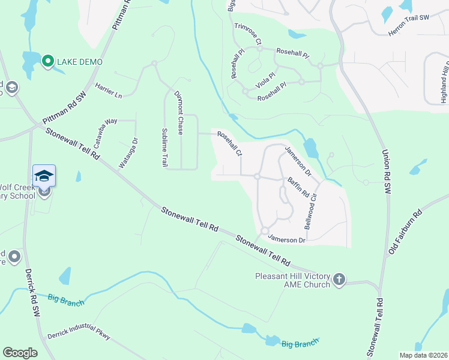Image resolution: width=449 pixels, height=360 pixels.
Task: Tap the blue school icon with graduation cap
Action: pyautogui.click(x=44, y=175)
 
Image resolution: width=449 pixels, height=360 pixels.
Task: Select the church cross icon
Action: pyautogui.click(x=339, y=279)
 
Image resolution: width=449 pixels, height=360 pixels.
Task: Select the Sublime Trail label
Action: pyautogui.click(x=164, y=147)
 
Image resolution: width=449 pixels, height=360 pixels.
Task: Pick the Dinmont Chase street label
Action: pyautogui.click(x=179, y=112)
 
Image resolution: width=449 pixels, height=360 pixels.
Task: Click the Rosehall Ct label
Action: pyautogui.click(x=230, y=143)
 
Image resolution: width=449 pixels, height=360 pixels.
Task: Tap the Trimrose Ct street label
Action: pyautogui.click(x=248, y=34)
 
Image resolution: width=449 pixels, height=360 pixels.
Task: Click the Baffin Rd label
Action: pyautogui.click(x=297, y=187)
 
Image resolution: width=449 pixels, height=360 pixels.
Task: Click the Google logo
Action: pyautogui.click(x=20, y=353)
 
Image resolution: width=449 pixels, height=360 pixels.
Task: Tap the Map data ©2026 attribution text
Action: pyautogui.click(x=423, y=355)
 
